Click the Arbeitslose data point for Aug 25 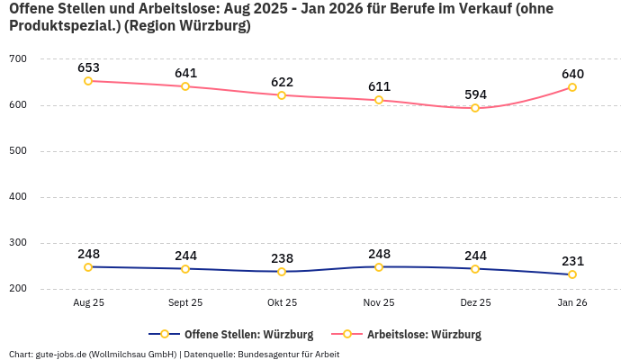[x=88, y=81]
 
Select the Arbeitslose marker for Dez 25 [x=475, y=108]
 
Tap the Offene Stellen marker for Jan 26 [x=572, y=274]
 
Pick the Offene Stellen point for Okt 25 [x=282, y=272]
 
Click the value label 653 [x=88, y=67]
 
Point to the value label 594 [x=475, y=94]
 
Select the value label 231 [x=572, y=261]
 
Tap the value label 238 [x=282, y=258]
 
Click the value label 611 [x=379, y=86]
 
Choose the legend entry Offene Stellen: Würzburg [x=230, y=335]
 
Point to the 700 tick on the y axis [x=18, y=59]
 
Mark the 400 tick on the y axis [x=18, y=197]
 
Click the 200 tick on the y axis [x=18, y=289]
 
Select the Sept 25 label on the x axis [x=185, y=303]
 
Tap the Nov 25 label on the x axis [x=379, y=303]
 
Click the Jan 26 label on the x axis [x=572, y=303]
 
